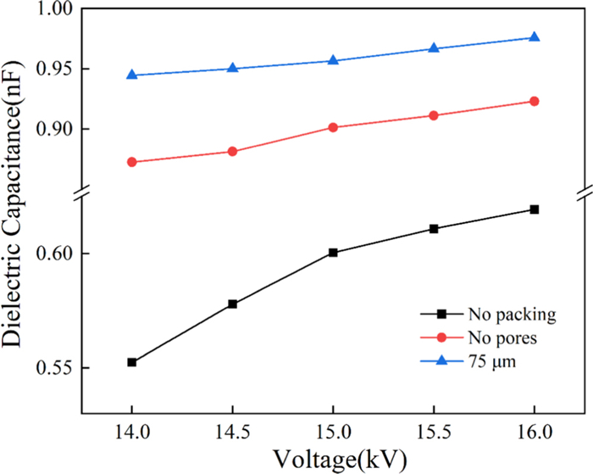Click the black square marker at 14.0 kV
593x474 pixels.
click(x=132, y=362)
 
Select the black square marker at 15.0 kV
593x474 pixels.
click(x=333, y=253)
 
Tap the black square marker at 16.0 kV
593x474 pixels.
click(x=535, y=209)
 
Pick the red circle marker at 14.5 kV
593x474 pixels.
click(x=232, y=152)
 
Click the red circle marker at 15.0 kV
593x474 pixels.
click(x=333, y=127)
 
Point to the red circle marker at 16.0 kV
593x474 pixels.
click(x=535, y=101)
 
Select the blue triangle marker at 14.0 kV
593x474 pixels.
click(x=132, y=75)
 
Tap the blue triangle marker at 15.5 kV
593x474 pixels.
click(x=434, y=48)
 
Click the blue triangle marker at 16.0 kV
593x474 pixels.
click(x=535, y=37)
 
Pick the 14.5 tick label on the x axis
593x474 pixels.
click(x=232, y=431)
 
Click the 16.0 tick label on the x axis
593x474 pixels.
click(x=535, y=431)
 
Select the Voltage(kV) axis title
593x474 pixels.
click(x=339, y=459)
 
